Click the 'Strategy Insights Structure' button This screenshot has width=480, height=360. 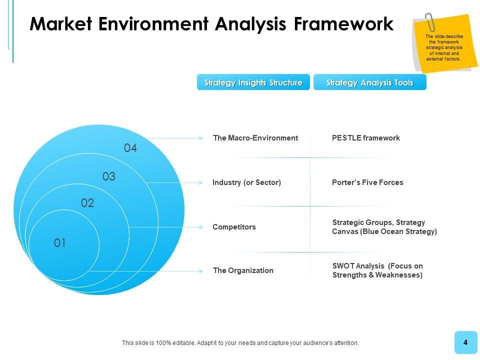pos(253,82)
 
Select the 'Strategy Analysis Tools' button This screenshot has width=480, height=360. pos(370,82)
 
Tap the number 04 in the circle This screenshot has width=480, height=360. pos(130,148)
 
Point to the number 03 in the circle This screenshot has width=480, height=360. pos(109,176)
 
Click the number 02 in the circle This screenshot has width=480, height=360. pos(87,203)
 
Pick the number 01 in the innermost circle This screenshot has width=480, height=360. pos(60,243)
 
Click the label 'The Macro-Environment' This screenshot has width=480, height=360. pos(255,138)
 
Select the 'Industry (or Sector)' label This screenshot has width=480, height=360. pos(247,182)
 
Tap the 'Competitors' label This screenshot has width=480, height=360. pos(234,227)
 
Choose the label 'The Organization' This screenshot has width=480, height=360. pos(243,270)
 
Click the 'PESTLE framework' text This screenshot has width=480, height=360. pos(366,138)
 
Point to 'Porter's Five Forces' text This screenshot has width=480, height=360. pos(367,182)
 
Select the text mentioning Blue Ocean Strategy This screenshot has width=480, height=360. pos(384,227)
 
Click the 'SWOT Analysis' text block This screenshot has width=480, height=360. pos(377,270)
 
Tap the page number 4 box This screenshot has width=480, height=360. pos(465,342)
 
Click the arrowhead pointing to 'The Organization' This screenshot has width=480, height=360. pos(201,271)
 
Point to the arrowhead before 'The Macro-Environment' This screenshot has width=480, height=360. pos(201,138)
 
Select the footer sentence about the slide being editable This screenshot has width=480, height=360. pos(240,343)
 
